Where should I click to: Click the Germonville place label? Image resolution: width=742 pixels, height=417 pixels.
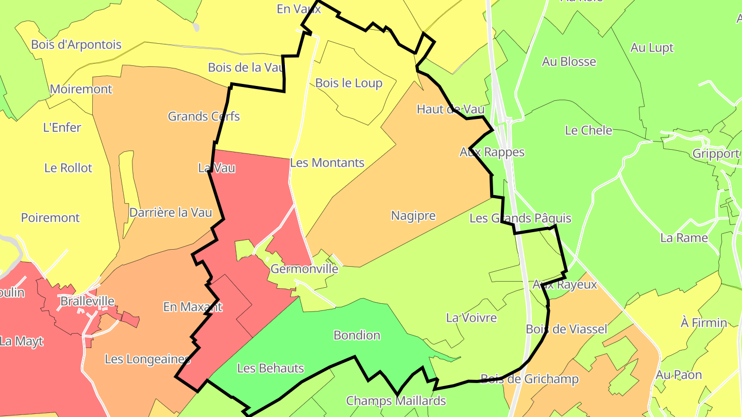point(305,269)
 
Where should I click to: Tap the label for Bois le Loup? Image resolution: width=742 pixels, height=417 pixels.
point(349,83)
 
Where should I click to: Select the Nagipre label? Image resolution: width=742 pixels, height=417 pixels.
point(413,216)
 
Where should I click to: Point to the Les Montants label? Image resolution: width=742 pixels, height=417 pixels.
point(327,163)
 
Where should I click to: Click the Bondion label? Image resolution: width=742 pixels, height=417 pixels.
point(357,335)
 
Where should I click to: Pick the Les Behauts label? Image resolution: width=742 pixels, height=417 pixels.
point(271,368)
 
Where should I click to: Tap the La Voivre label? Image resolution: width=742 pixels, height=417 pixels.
point(471,318)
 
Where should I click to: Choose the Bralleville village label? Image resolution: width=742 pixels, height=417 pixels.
point(88,301)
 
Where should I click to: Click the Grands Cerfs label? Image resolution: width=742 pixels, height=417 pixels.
point(204,116)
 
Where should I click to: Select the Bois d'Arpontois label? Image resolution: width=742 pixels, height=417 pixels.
point(76,44)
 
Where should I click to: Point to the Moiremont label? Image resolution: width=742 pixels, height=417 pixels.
point(81,89)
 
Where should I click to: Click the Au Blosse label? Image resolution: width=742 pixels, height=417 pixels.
point(569,62)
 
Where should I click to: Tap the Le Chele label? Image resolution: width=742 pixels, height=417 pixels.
point(588,130)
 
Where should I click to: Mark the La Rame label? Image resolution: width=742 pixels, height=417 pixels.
point(684,238)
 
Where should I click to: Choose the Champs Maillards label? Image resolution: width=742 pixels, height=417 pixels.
point(396,401)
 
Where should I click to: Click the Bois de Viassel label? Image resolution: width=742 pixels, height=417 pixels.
point(567,329)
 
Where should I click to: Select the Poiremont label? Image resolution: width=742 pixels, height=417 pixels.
point(50,218)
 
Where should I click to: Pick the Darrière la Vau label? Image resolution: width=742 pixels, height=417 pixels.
point(171,212)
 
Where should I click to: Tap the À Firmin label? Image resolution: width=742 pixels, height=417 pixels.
point(704,323)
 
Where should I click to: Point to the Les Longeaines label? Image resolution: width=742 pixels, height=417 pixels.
point(147,359)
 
